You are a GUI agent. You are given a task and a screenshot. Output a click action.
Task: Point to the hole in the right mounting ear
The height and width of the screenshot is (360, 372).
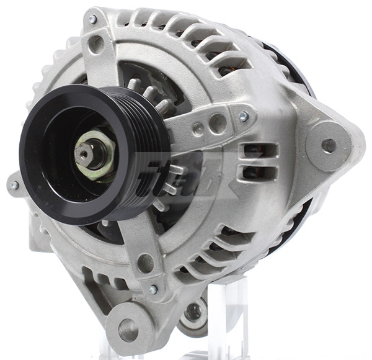[329, 145]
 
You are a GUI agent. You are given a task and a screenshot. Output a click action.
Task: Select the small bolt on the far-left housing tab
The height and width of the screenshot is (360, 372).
[14, 186]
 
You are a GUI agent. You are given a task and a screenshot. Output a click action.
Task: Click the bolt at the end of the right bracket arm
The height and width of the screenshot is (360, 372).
[244, 116]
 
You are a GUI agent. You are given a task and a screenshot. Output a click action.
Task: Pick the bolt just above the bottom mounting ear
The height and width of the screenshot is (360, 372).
[153, 289]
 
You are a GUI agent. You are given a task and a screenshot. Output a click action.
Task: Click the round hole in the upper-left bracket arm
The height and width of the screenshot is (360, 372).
[96, 45]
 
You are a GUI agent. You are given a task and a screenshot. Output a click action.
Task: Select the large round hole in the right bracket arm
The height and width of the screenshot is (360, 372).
[218, 123]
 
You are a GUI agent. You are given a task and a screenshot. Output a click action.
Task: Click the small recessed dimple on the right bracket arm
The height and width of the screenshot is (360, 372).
[198, 130]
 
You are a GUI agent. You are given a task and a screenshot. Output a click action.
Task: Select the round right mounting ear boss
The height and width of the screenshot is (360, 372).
[329, 145]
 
